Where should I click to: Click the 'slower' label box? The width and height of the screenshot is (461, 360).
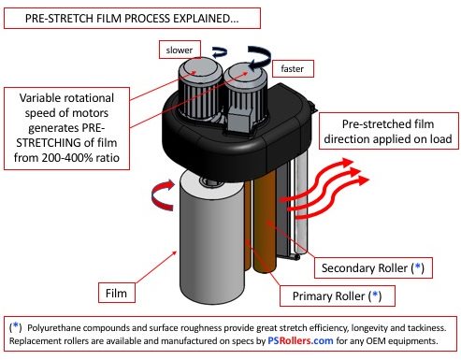coord(176,49)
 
